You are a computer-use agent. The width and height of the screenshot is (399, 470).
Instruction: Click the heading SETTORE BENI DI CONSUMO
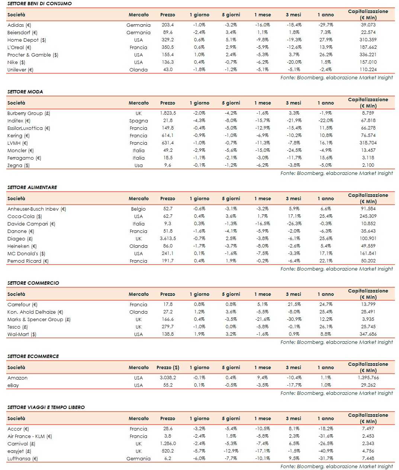click(x=39, y=3)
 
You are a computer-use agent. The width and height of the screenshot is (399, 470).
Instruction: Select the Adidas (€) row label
click(x=19, y=25)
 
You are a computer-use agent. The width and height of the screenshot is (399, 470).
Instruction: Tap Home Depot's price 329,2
click(x=168, y=40)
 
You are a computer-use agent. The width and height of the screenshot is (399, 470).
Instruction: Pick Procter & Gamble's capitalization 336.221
click(x=368, y=55)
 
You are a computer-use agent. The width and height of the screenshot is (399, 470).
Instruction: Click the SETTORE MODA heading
click(x=25, y=92)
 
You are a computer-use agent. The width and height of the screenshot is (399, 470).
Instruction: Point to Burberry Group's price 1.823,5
click(x=168, y=113)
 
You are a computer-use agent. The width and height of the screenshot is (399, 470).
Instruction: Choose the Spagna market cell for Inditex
click(x=138, y=121)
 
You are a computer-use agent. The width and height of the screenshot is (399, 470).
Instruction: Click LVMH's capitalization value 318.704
click(x=368, y=143)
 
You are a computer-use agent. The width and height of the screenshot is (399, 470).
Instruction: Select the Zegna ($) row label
click(x=19, y=165)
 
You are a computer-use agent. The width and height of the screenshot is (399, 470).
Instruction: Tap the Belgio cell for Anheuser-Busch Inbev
click(x=138, y=209)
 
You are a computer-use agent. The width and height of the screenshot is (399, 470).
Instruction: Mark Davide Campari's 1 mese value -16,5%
click(x=263, y=224)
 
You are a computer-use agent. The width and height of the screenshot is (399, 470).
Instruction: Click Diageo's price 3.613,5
click(x=168, y=239)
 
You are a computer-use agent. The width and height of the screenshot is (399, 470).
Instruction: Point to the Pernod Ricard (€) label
click(x=28, y=261)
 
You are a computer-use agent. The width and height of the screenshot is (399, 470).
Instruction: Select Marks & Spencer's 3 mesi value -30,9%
click(x=294, y=319)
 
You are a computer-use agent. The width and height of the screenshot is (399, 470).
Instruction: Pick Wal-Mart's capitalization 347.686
click(x=368, y=334)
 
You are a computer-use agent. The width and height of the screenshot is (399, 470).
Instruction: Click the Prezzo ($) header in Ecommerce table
click(x=168, y=367)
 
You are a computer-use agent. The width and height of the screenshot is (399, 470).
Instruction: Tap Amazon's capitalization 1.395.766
click(x=368, y=378)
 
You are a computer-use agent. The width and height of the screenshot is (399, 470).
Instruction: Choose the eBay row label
click(x=13, y=385)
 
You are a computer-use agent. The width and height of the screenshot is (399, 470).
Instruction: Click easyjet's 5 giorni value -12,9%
click(x=231, y=451)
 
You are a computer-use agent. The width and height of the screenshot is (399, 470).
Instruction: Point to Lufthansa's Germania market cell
click(x=138, y=458)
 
